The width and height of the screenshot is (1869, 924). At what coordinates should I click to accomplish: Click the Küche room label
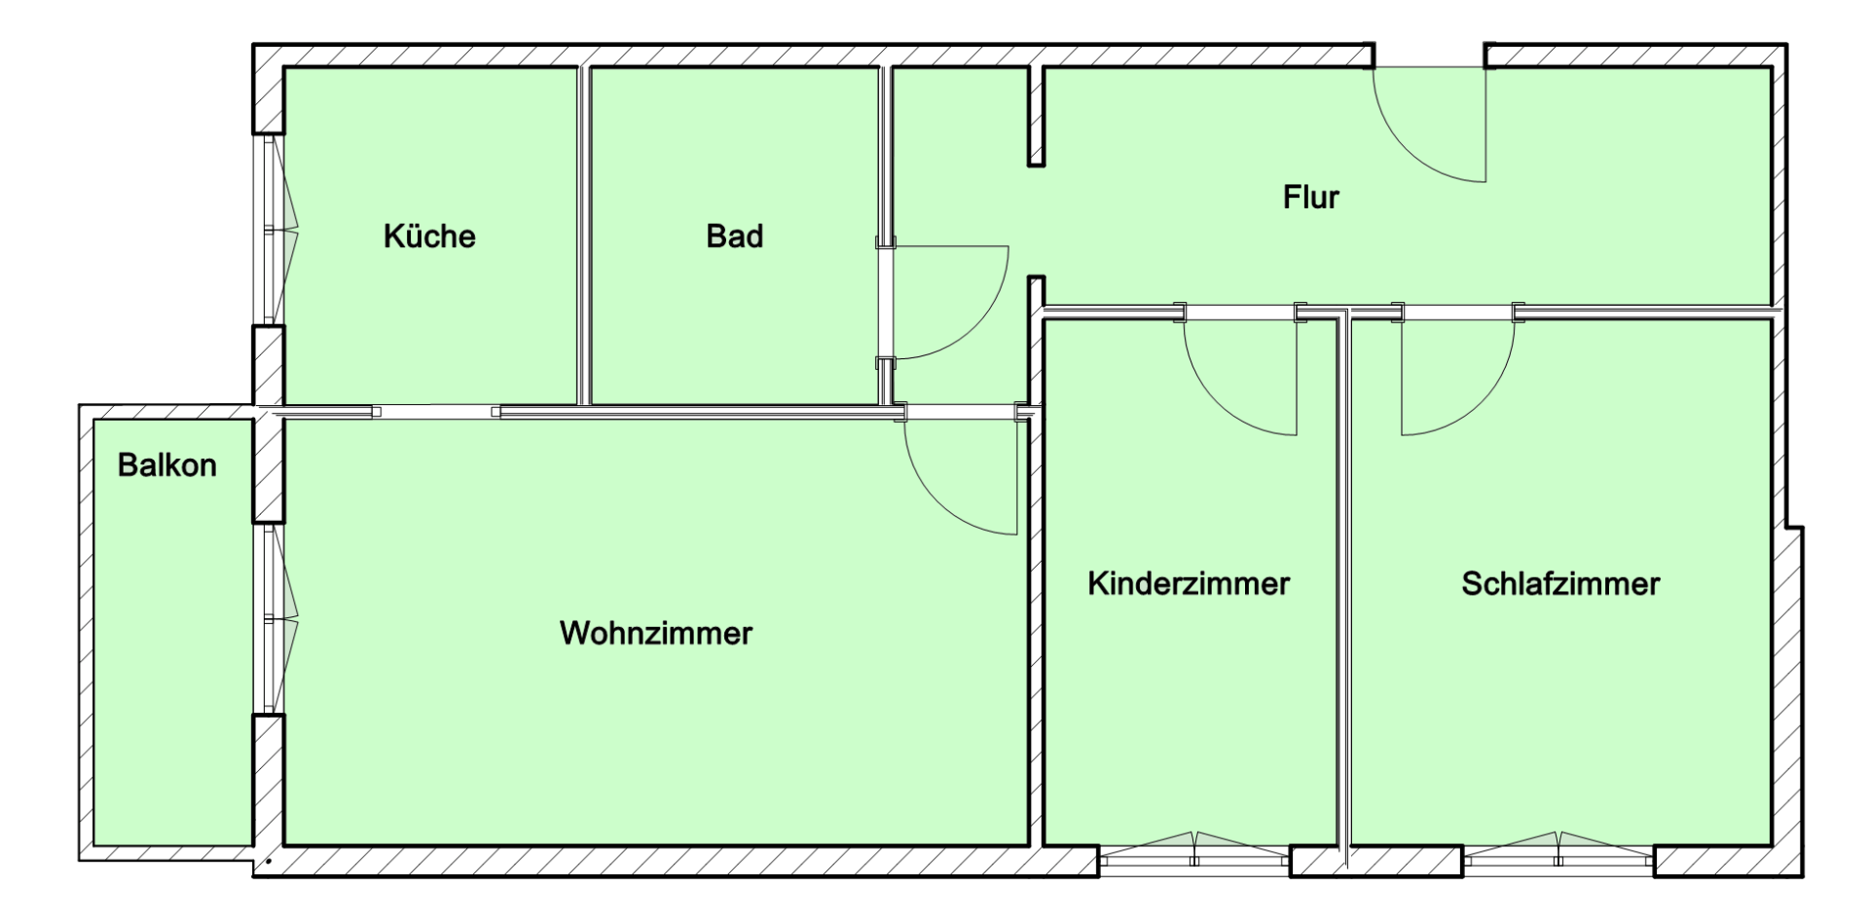click(429, 237)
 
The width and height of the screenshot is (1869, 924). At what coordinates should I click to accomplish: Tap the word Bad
click(734, 237)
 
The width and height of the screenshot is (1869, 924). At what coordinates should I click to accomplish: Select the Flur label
click(1310, 198)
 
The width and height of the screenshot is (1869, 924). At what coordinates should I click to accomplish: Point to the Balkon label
click(167, 465)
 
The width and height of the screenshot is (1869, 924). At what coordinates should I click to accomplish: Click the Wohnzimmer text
click(656, 634)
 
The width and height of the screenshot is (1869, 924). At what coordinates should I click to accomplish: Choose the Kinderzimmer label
click(1188, 584)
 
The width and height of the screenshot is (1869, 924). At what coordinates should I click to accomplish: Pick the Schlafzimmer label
click(1559, 584)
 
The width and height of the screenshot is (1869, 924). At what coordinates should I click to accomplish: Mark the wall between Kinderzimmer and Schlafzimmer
click(1344, 584)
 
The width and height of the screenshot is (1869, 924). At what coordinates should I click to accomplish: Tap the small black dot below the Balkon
click(268, 862)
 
